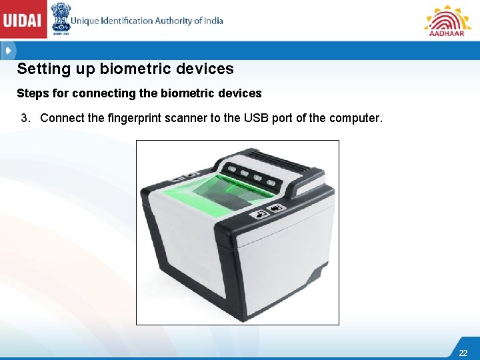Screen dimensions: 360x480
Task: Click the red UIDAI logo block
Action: pyautogui.click(x=23, y=19)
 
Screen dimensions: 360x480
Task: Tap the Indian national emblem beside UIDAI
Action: pyautogui.click(x=61, y=19)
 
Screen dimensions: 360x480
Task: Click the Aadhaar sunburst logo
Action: pyautogui.click(x=447, y=20)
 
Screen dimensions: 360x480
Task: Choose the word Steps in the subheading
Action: pyautogui.click(x=31, y=93)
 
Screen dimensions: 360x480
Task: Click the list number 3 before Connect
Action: pyautogui.click(x=25, y=119)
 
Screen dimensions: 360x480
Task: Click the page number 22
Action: pyautogui.click(x=463, y=353)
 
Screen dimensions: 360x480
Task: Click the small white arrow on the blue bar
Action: pyautogui.click(x=7, y=51)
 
